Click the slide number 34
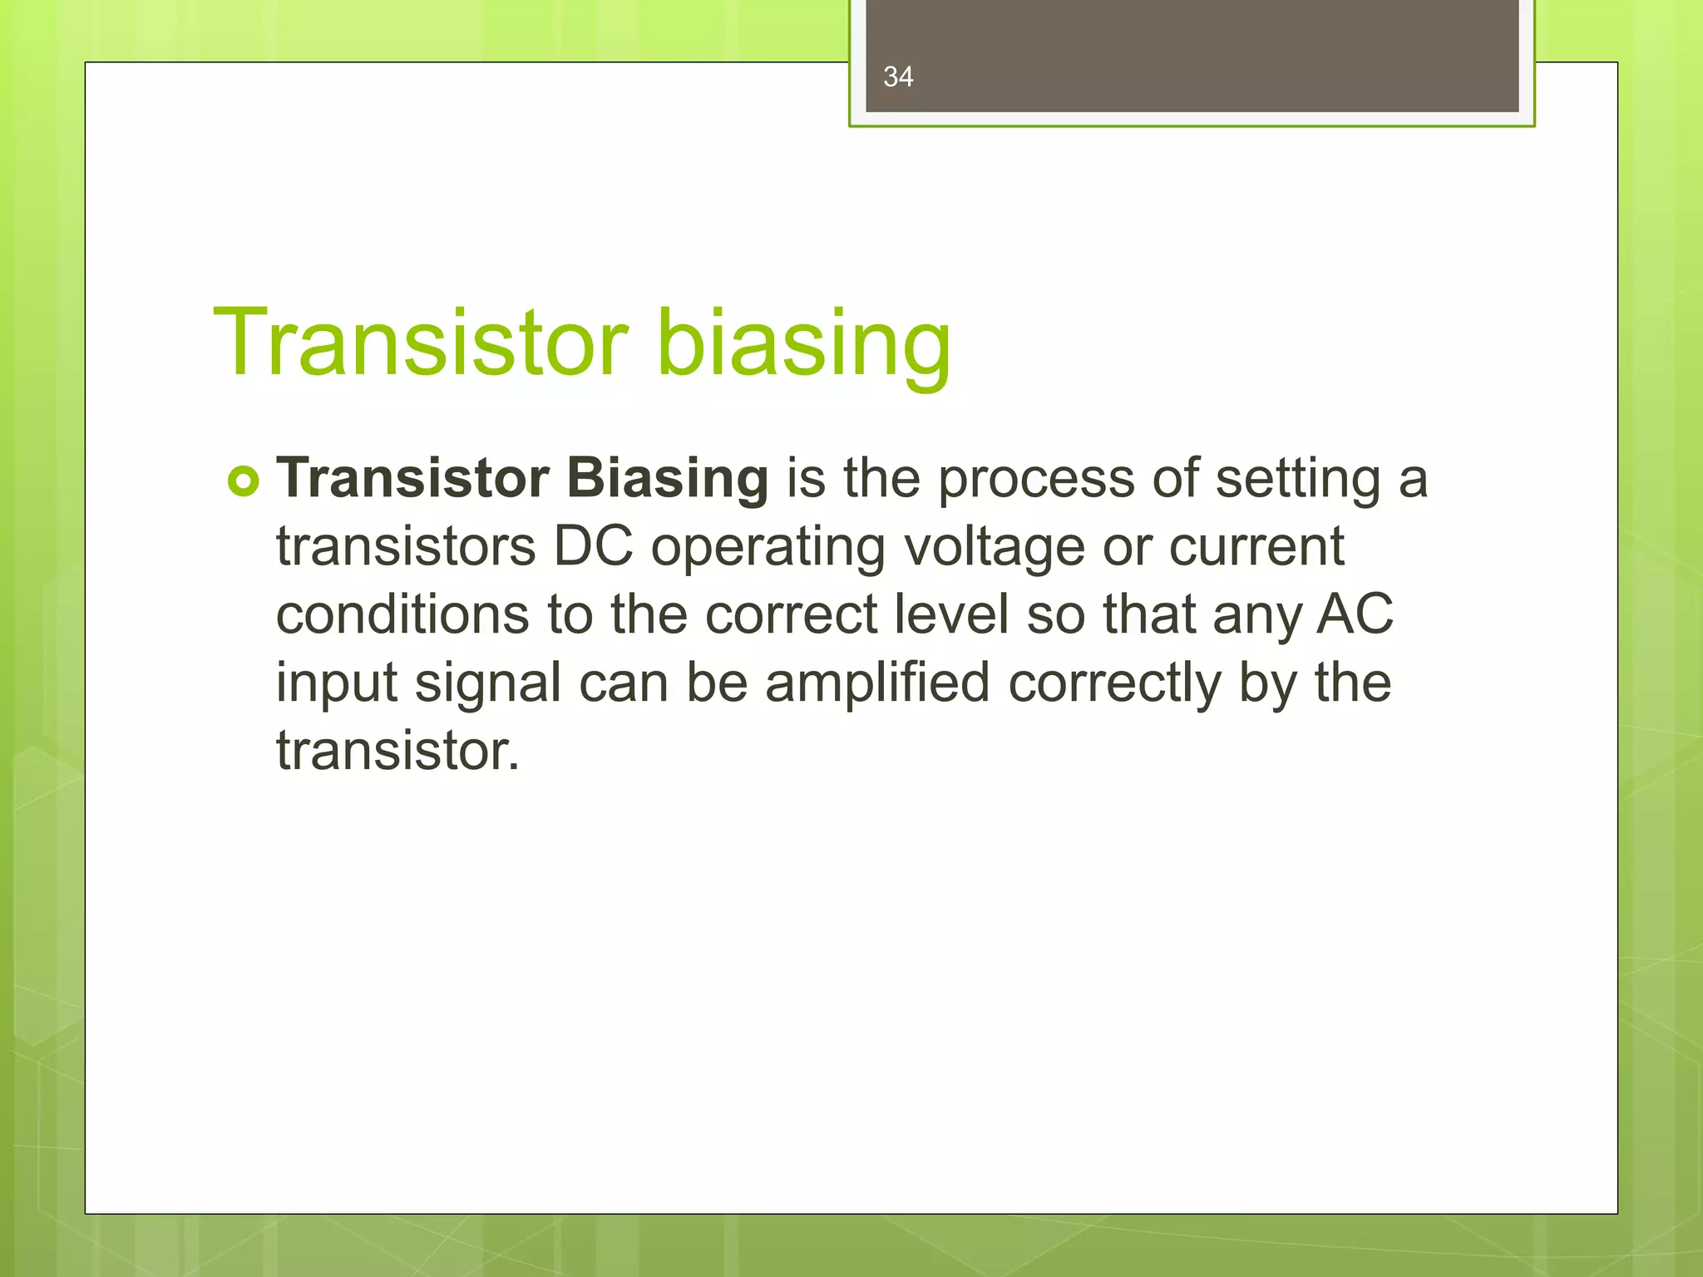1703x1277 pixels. pos(898,77)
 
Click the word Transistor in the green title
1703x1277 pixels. pos(421,343)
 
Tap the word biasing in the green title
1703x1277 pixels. pos(804,343)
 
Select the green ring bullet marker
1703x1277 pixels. pos(243,481)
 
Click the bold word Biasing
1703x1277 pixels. pos(667,479)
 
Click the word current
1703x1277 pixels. pos(1256,547)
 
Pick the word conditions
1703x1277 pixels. pos(402,615)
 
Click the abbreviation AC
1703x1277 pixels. pos(1355,615)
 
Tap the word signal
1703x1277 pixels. pos(488,683)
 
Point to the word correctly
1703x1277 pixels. pos(1114,683)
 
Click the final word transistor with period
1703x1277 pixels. pos(397,752)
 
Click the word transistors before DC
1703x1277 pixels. pos(406,547)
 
